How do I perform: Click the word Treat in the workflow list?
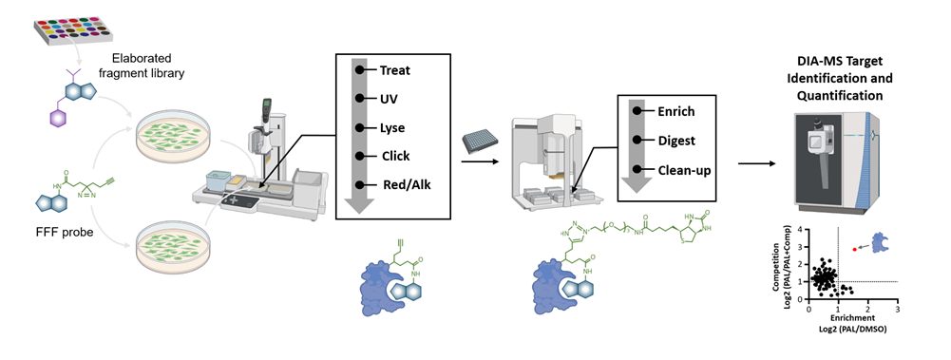point(395,70)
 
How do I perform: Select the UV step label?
point(389,99)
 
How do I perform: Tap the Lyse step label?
point(393,127)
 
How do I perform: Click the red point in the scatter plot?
point(854,249)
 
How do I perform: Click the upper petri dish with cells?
point(177,136)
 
